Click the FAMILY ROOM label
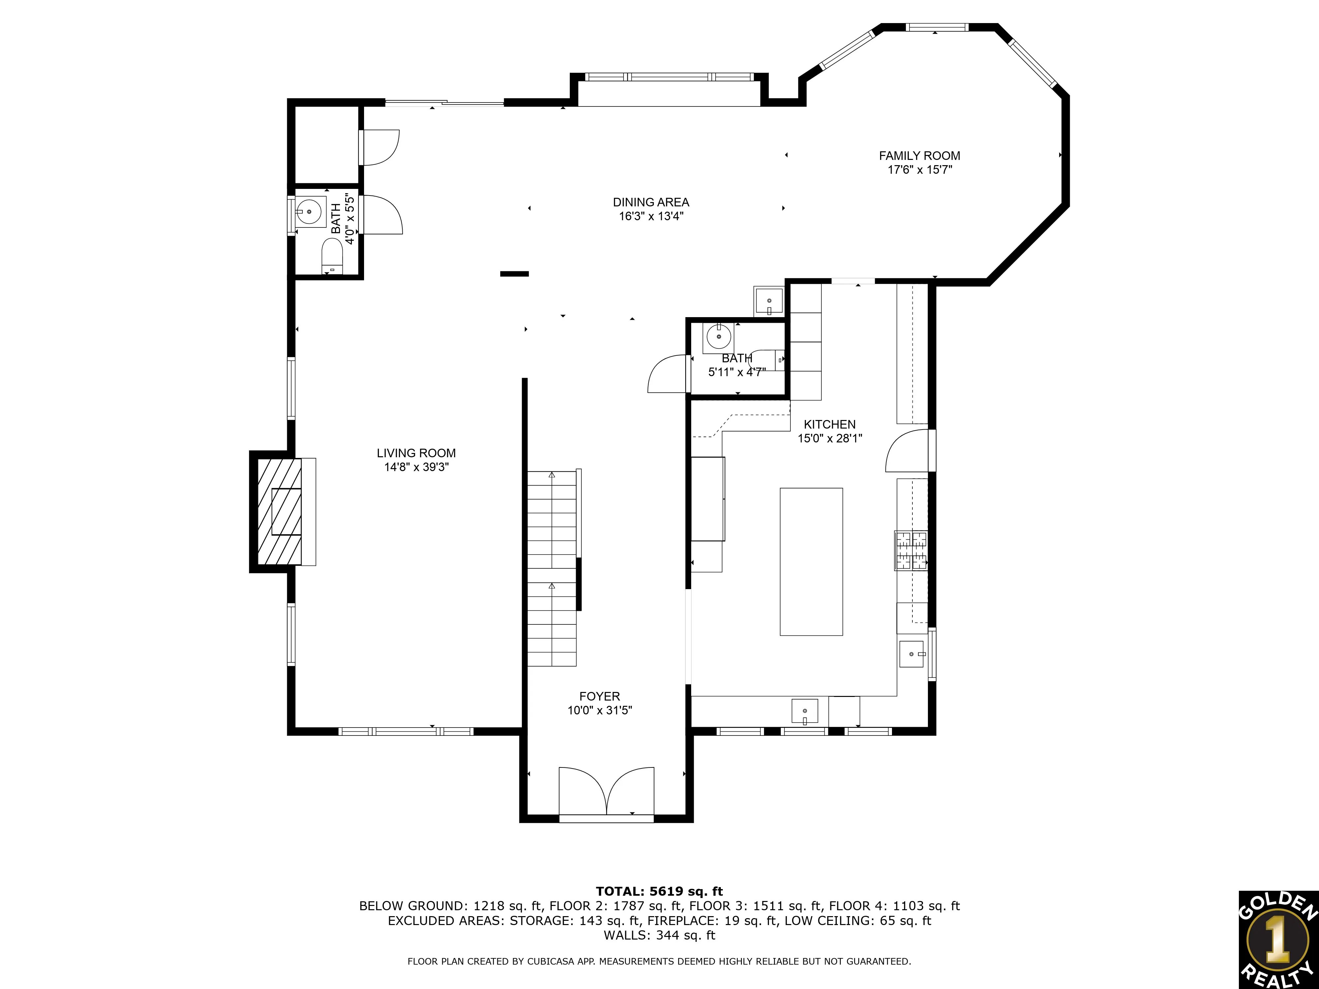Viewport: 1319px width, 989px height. coord(919,156)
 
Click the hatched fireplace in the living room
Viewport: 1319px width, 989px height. coord(279,512)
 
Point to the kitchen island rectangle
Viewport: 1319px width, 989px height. coord(811,561)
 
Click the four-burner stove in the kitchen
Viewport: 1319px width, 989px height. coord(910,550)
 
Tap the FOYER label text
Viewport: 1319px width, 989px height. coord(599,696)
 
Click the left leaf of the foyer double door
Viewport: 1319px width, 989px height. coord(581,790)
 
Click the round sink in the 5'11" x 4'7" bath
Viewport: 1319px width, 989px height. coord(719,337)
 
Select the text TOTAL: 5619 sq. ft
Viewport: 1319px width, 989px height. coord(659,891)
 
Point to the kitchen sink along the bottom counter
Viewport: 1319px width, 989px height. coord(804,711)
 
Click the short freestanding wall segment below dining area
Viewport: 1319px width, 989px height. coord(514,274)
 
